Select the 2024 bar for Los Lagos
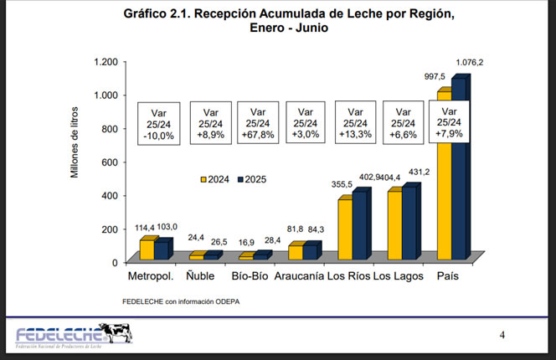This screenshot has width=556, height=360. coord(394,227)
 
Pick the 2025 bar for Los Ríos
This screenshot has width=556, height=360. coord(360,226)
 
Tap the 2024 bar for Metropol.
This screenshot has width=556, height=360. coord(147,251)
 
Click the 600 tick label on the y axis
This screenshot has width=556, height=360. coord(110,162)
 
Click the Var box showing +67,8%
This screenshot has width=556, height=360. coord(259,123)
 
